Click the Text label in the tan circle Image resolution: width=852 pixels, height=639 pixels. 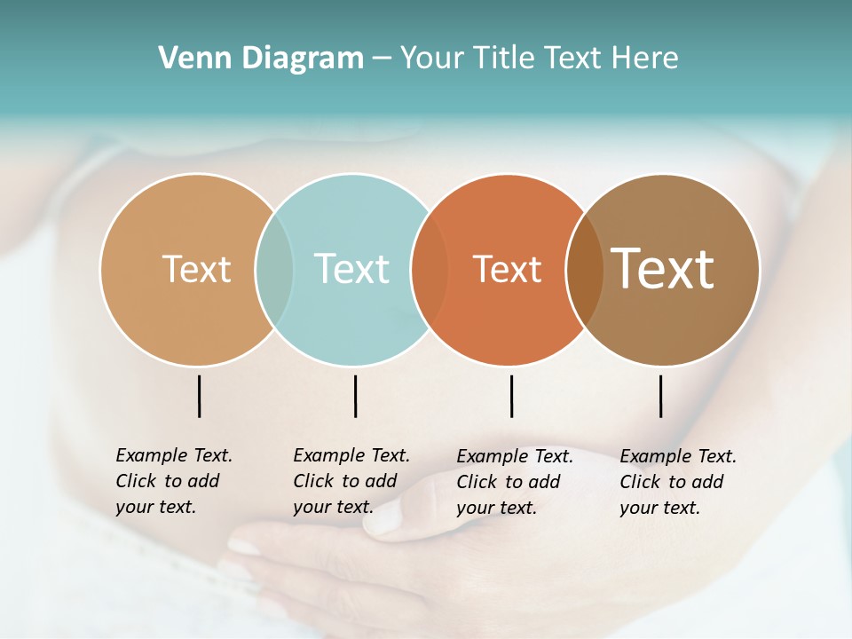coord(196,269)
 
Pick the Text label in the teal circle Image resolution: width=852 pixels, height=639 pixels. coord(351,269)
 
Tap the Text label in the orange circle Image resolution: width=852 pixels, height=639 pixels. coord(507,269)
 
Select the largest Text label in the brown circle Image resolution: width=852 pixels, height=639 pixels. coord(663,269)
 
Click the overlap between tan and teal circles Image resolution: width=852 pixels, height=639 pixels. coord(274,269)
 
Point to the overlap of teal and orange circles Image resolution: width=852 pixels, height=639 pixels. coord(430,269)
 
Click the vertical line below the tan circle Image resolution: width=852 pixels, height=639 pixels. coord(200,396)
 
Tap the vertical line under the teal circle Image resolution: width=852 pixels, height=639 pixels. coord(355,396)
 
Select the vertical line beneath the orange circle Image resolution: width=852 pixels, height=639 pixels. coord(511,396)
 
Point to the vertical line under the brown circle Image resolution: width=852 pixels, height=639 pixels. coord(661,396)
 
